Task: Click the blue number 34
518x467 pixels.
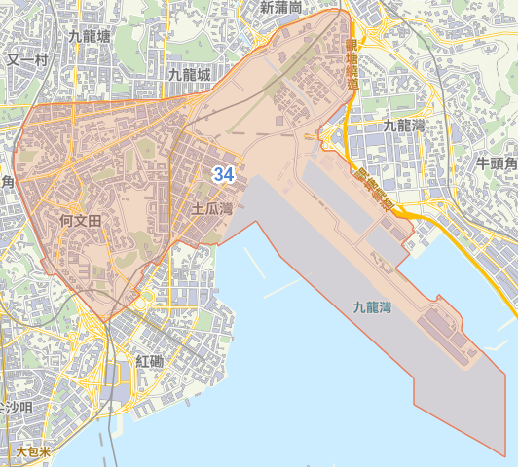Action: tap(223, 175)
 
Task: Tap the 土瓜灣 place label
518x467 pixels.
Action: tap(211, 208)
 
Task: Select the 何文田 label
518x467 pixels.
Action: tap(80, 222)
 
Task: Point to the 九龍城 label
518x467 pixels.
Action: tap(189, 74)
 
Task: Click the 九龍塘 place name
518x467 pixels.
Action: tap(90, 36)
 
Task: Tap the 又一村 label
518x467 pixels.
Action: tap(26, 59)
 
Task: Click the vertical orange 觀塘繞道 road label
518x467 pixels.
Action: tap(351, 64)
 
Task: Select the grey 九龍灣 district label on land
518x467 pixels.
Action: tap(404, 126)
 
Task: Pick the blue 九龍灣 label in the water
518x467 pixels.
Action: tap(372, 307)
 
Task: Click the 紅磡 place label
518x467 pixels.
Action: tap(151, 361)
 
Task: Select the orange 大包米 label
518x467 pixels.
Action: tap(33, 452)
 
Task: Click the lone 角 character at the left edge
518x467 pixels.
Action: tap(7, 182)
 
